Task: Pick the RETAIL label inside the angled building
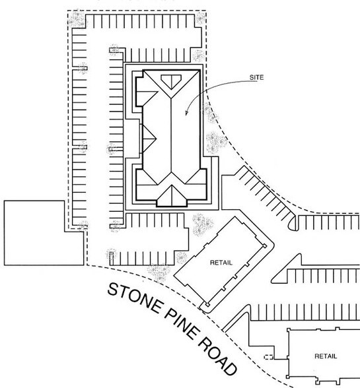point(221,263)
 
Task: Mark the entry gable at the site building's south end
point(172,195)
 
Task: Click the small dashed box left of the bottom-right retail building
point(268,357)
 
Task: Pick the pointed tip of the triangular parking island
point(273,278)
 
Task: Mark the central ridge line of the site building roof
point(171,139)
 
